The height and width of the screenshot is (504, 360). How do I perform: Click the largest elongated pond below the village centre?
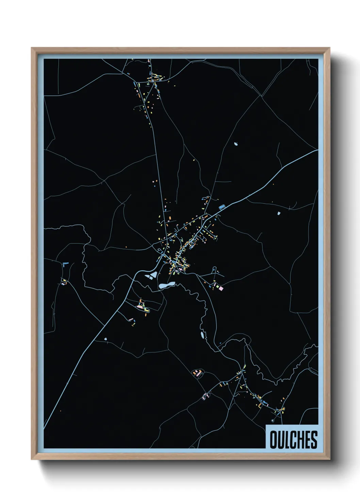coord(166,285)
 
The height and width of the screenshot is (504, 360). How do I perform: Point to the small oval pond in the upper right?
coord(236,144)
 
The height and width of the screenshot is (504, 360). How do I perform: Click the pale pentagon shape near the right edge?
coord(278,214)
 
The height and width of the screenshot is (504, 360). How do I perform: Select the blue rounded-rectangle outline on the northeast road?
coord(222,207)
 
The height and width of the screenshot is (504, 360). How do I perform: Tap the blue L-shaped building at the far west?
coord(65,263)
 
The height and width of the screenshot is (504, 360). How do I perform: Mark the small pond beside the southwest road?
coord(105,339)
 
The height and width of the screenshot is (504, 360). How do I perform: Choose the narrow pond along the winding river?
coord(202,336)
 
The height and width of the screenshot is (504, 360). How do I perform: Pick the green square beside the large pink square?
coord(216,288)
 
